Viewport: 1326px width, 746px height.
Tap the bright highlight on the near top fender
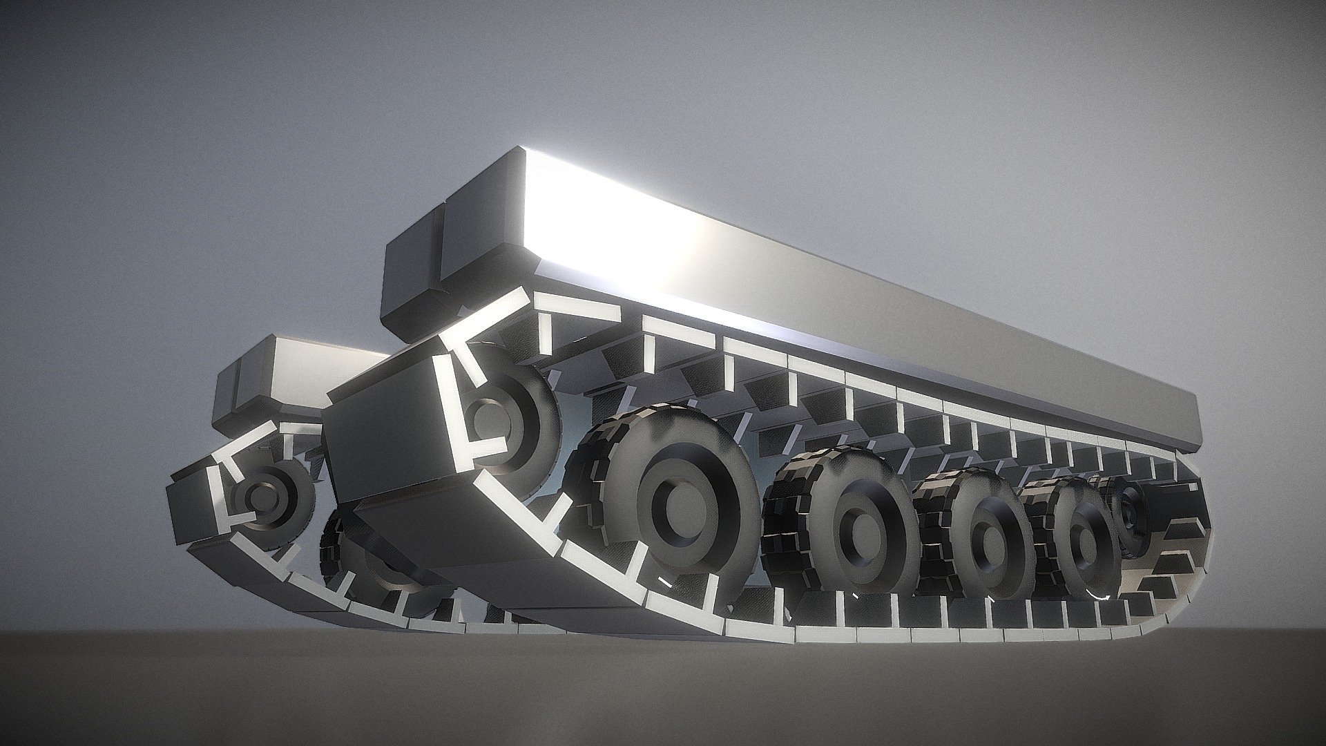coord(622,228)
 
